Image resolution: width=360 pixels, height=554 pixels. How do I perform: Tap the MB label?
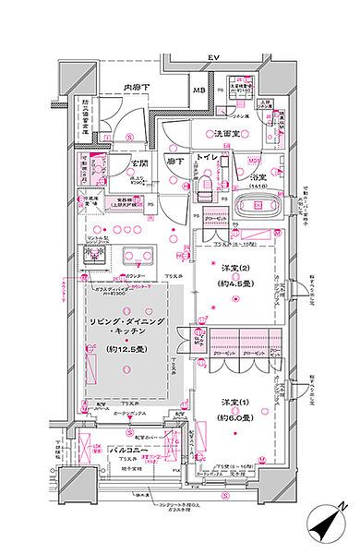198,90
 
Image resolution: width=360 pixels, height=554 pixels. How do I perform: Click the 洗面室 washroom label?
229,135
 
